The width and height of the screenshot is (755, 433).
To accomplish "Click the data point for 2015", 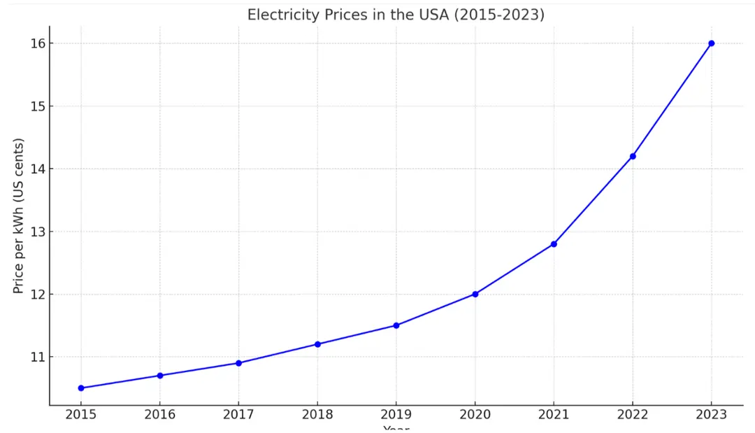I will pos(81,388).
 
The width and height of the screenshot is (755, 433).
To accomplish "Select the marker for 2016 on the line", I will pos(160,376).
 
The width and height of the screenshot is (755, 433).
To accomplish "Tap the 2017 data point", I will pos(238,363).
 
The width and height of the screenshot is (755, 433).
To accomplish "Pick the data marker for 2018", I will pos(317,344).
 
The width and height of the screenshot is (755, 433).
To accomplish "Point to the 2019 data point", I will pos(396,325).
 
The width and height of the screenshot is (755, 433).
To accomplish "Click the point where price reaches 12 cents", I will pos(475,294).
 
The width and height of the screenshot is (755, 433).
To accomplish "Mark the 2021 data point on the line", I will pos(554,244).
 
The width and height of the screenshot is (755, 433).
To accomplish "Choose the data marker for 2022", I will pos(633,156).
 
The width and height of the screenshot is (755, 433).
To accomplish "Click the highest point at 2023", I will pos(712,43).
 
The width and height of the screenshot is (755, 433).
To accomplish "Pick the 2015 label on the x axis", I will pos(81,414).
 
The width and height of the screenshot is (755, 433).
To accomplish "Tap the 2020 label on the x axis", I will pos(475,414).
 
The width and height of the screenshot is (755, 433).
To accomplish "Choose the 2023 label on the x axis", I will pos(712,414).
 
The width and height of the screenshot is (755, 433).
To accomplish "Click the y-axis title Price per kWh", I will pos(19,216).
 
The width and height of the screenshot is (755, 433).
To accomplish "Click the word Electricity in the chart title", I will pos(280,15).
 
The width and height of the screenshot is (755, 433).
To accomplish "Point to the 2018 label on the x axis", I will pos(317,414).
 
